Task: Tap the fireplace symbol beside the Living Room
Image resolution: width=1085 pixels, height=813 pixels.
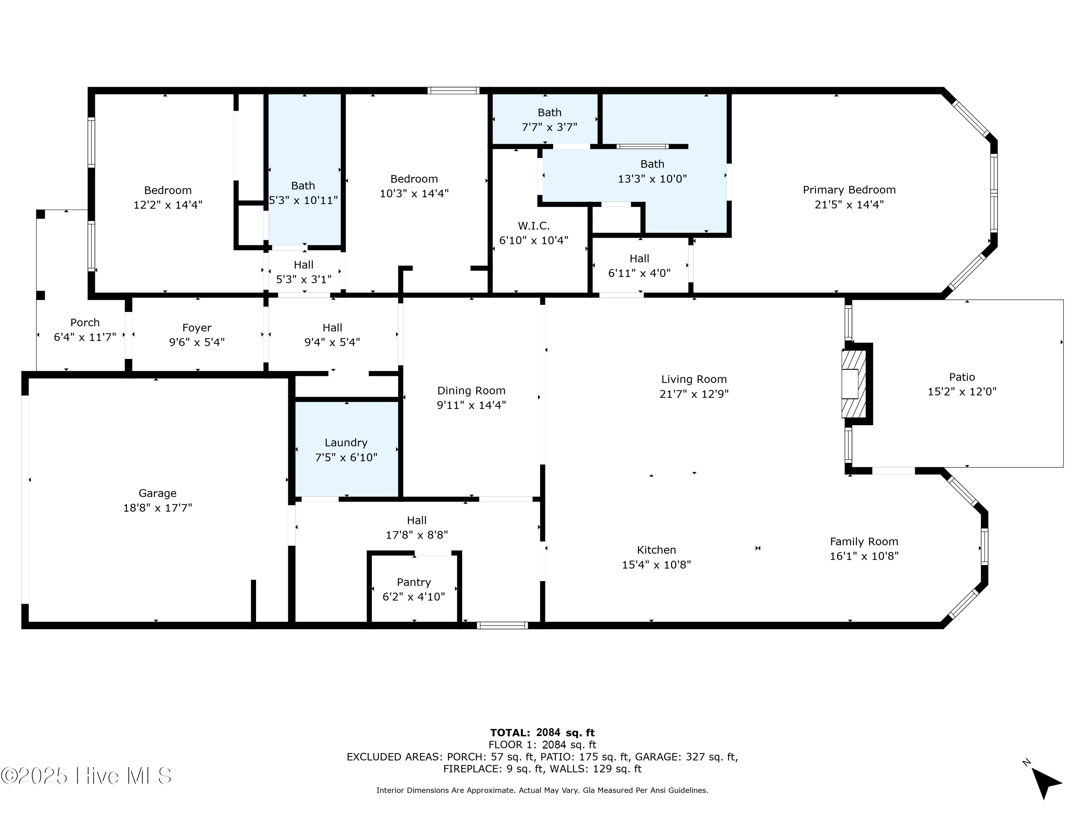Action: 854,384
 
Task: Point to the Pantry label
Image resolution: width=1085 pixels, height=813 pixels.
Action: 413,582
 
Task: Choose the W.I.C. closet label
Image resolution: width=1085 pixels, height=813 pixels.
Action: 534,226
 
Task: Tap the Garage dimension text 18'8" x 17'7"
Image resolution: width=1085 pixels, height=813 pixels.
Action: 157,508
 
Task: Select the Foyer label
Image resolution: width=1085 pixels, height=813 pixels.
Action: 197,328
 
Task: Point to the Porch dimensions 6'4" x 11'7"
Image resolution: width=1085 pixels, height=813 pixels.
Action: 85,337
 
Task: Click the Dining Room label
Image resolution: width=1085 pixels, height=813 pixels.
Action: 471,391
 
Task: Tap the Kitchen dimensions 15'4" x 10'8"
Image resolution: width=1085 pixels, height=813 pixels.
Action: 656,564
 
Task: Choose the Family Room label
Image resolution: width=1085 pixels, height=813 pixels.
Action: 864,542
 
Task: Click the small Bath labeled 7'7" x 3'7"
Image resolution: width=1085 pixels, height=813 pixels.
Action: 549,120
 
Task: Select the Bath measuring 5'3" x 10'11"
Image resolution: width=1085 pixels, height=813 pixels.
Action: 303,193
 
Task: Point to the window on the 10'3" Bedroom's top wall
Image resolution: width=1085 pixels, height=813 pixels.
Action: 453,91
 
